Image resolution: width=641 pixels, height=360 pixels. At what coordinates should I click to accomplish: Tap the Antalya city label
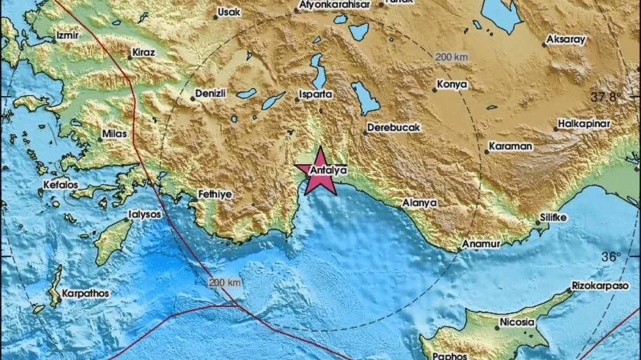point(328,171)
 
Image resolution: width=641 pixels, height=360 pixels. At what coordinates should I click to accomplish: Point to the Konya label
point(453,85)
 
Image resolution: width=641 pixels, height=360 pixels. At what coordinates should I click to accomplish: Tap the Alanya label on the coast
point(420,203)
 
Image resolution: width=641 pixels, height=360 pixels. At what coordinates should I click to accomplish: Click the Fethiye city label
point(215,194)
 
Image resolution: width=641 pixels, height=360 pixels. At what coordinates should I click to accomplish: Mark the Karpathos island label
point(85,294)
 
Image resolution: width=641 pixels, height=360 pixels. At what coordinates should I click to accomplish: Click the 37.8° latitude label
point(607,97)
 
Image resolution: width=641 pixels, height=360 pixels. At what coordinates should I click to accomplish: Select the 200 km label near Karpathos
point(224,283)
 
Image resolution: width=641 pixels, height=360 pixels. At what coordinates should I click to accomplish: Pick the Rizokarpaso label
point(600,286)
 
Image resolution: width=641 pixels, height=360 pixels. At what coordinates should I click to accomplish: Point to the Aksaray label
point(567,40)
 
